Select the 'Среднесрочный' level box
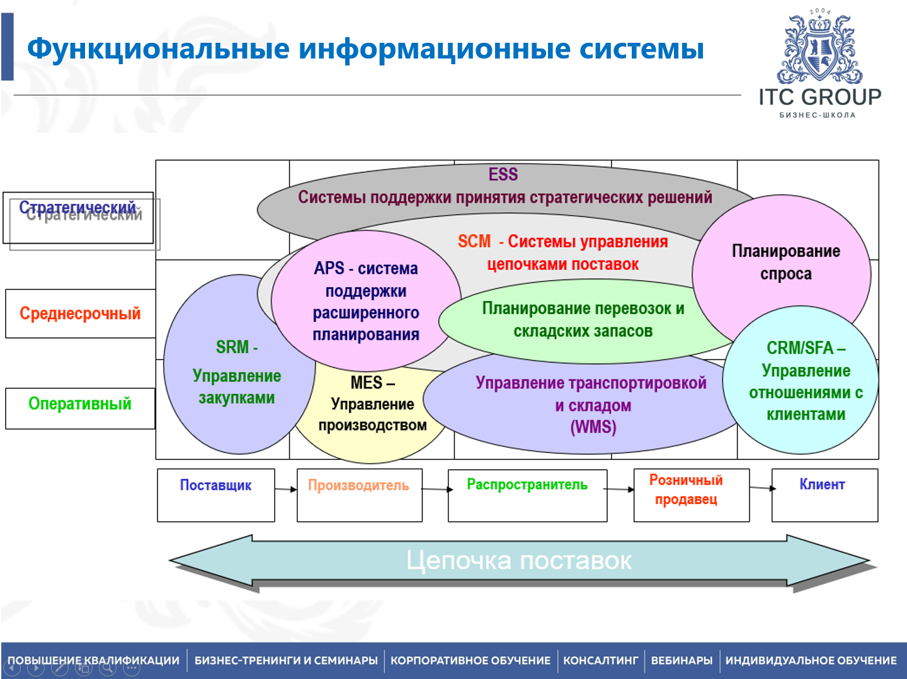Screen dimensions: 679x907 click(80, 313)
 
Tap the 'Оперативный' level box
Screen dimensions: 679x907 click(80, 404)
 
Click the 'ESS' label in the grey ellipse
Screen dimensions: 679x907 click(503, 174)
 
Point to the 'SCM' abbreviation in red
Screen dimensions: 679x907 click(474, 242)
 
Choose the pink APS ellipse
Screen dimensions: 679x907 click(366, 301)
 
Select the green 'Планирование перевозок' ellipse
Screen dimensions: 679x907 click(583, 320)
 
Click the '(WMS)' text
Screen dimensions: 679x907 click(593, 427)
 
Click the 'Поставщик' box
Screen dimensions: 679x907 click(215, 495)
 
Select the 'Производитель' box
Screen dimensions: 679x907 click(359, 495)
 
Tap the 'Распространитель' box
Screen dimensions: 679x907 click(527, 495)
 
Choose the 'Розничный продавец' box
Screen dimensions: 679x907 click(691, 495)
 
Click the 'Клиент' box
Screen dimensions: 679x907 click(824, 495)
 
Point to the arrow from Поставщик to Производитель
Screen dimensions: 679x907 click(285, 489)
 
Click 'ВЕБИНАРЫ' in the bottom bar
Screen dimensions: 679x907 click(682, 661)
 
